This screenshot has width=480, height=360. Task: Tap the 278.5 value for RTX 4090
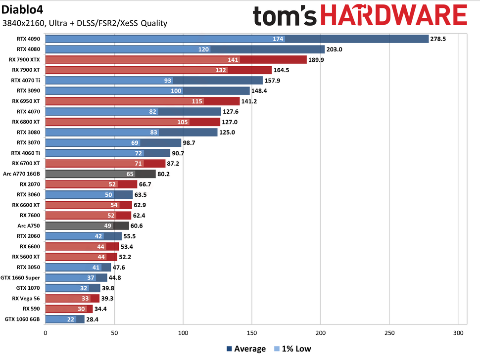(x=439, y=39)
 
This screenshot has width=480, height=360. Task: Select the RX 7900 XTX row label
(x=24, y=59)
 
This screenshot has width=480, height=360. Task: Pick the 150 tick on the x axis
(x=252, y=333)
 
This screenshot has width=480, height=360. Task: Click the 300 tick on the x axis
(x=458, y=333)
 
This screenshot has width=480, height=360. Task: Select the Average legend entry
(x=245, y=349)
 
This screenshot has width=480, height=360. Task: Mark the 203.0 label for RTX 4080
(x=335, y=49)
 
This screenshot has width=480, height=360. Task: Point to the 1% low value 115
(x=197, y=101)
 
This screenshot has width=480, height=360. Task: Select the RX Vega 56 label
(x=26, y=299)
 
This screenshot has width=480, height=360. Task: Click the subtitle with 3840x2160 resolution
(x=85, y=23)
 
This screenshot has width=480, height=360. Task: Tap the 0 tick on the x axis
(x=46, y=333)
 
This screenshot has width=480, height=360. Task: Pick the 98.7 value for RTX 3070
(x=191, y=143)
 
